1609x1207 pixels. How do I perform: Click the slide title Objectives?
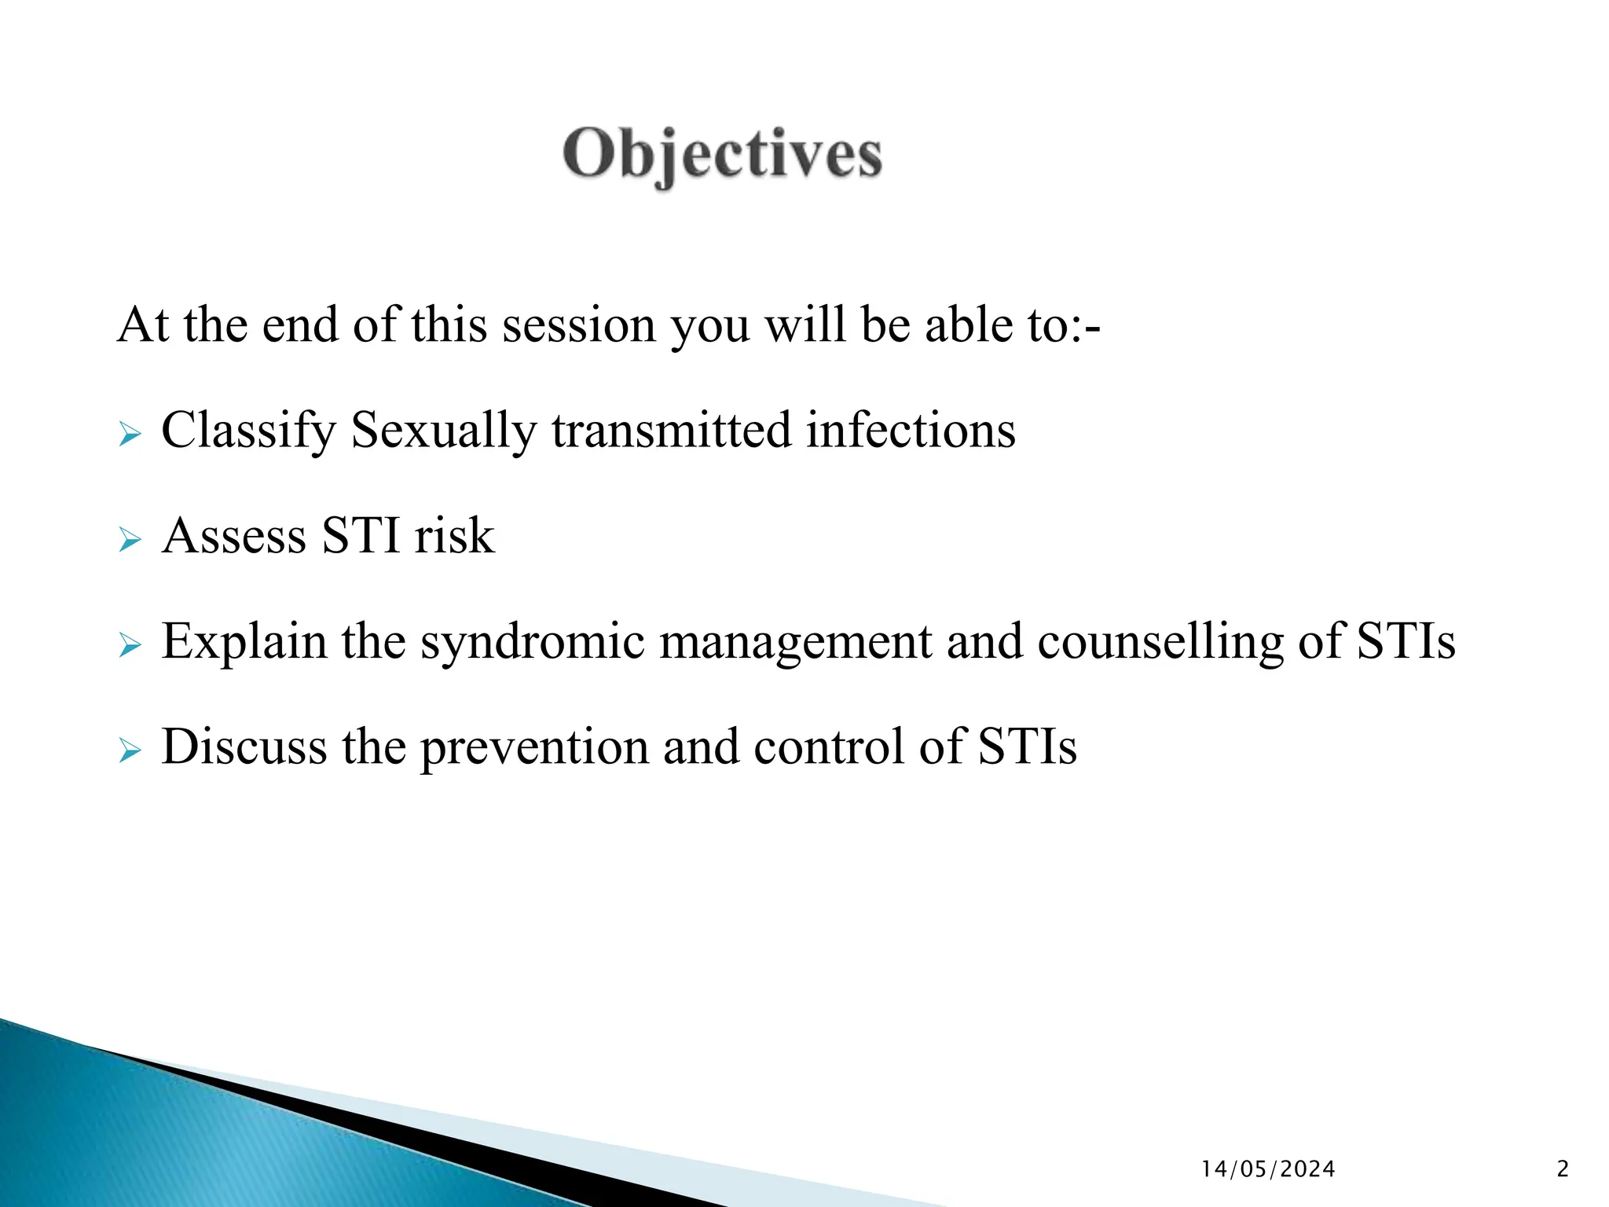(x=722, y=155)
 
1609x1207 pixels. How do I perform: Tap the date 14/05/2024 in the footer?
(x=1268, y=1169)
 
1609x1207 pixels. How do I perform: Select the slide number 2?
(x=1562, y=1169)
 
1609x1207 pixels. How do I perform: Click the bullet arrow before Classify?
(x=130, y=434)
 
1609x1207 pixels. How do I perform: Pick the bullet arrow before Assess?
(x=130, y=540)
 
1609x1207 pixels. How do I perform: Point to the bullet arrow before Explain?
(x=130, y=646)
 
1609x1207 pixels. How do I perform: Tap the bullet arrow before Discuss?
(x=130, y=750)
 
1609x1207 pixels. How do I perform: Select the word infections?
(x=911, y=431)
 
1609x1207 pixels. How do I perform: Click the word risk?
(x=454, y=536)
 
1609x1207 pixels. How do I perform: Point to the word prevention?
(x=533, y=747)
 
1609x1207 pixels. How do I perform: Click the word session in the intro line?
(x=578, y=325)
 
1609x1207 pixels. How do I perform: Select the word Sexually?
(x=443, y=431)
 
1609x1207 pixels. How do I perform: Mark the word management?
(x=794, y=642)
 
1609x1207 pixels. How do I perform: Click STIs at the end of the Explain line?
(x=1406, y=640)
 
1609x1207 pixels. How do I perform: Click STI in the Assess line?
(x=361, y=536)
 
